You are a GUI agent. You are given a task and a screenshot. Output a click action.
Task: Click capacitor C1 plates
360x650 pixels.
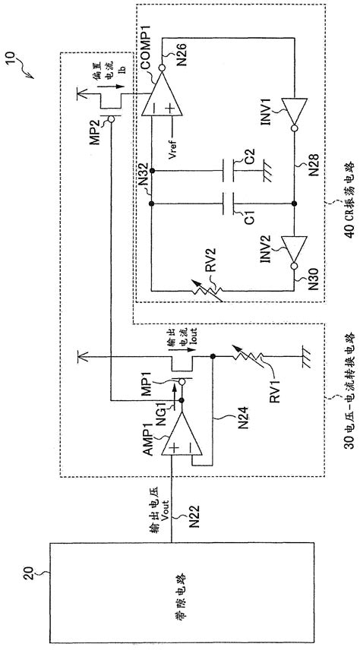click(x=224, y=204)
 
